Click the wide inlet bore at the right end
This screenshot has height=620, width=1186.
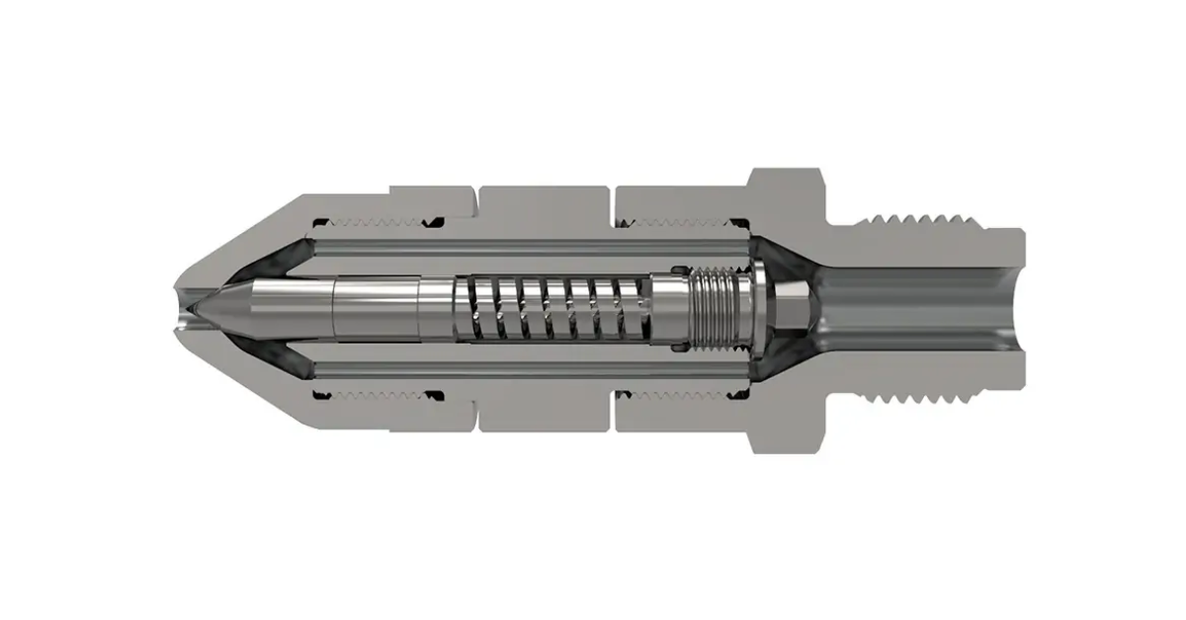coord(919,307)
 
